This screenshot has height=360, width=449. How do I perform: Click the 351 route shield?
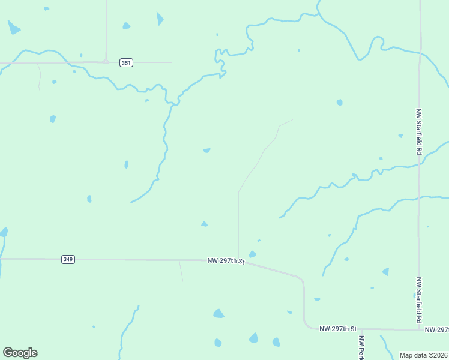(x=126, y=62)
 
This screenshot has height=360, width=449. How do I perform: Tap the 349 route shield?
(x=68, y=259)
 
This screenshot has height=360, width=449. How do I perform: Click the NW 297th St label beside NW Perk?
(x=338, y=329)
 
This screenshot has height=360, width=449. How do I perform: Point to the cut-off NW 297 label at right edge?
(x=436, y=329)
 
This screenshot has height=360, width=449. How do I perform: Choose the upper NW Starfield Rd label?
(x=418, y=132)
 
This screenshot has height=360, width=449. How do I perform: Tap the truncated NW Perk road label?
(x=361, y=348)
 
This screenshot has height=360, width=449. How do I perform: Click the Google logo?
(x=20, y=353)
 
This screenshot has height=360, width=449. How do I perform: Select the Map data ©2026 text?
(x=423, y=355)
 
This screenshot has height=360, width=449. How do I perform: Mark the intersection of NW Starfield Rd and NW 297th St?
(x=419, y=329)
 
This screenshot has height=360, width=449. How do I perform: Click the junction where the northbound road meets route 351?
(x=106, y=61)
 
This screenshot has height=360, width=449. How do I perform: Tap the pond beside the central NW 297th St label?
(x=253, y=254)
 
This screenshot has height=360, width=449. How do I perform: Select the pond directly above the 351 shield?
(x=126, y=26)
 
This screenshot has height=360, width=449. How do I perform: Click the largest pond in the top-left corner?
(x=13, y=28)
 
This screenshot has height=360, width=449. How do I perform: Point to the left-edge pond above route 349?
(x=4, y=232)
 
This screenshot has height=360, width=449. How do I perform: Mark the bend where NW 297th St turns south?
(x=302, y=281)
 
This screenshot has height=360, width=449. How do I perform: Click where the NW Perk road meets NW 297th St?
(x=362, y=329)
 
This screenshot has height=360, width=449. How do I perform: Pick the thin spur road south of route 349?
(x=181, y=271)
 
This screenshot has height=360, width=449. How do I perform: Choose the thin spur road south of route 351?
(x=40, y=77)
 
